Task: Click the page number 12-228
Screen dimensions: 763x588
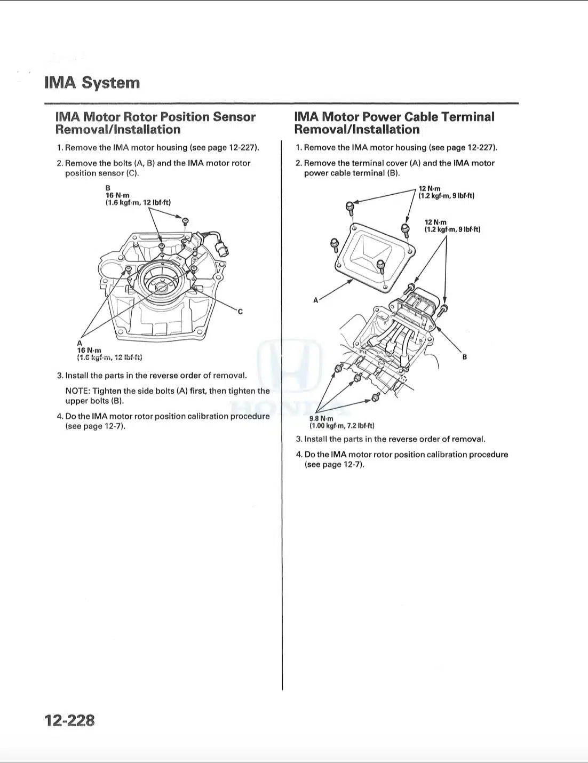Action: (69, 720)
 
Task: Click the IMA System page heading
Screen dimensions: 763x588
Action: (92, 83)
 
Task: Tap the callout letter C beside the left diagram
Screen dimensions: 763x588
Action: (240, 312)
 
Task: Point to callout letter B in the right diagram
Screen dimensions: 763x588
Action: (464, 357)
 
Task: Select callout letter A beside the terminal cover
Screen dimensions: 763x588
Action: (315, 300)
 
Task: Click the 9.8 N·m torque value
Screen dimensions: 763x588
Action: (321, 419)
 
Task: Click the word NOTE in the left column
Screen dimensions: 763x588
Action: (77, 391)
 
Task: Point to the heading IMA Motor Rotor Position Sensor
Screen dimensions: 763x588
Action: (155, 117)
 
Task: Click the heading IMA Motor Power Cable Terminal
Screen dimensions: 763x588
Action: (394, 117)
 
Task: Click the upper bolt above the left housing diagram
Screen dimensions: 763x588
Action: (185, 221)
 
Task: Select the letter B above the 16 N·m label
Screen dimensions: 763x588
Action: (108, 188)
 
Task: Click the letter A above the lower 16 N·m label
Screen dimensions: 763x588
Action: (80, 343)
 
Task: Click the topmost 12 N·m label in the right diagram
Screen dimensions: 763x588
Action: (430, 189)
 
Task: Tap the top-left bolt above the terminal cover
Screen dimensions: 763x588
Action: (349, 206)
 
